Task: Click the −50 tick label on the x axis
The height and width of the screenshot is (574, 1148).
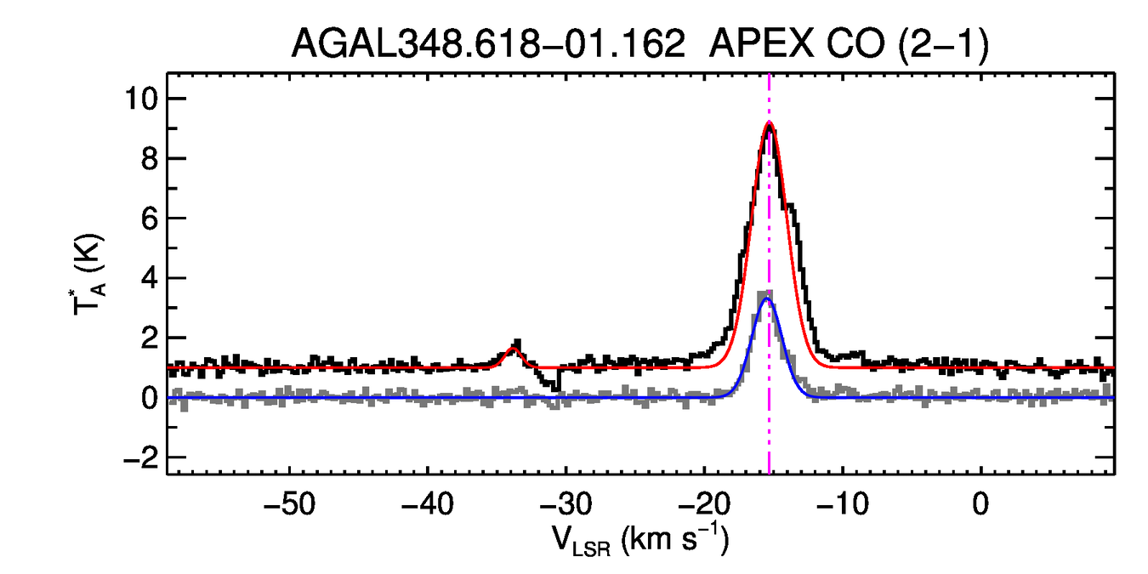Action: (290, 503)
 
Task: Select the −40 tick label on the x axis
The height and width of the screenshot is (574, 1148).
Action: (428, 503)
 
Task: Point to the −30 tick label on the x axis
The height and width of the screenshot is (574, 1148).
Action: (565, 503)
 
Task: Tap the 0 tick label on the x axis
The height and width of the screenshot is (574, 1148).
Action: (980, 503)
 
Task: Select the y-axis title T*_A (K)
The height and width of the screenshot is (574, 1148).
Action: (88, 278)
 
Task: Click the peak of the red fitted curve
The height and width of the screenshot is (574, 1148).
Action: (769, 124)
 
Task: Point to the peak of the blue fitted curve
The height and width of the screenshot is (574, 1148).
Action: (768, 298)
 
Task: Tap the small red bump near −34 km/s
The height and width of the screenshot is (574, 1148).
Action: (513, 349)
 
